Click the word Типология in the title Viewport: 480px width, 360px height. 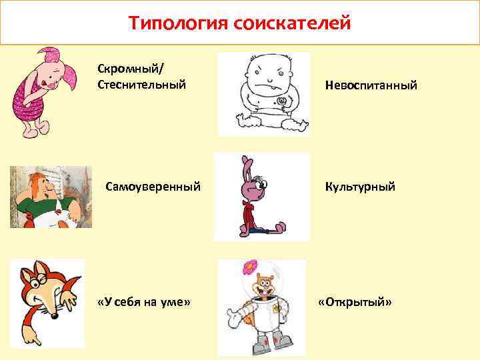point(178,24)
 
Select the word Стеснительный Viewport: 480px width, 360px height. point(141,85)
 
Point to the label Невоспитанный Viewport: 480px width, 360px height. point(371,85)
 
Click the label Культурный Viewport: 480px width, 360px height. point(360,187)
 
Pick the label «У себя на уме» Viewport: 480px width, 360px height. point(144,303)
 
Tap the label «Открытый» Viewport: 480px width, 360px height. point(355,303)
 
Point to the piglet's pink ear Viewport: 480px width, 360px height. point(49,53)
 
